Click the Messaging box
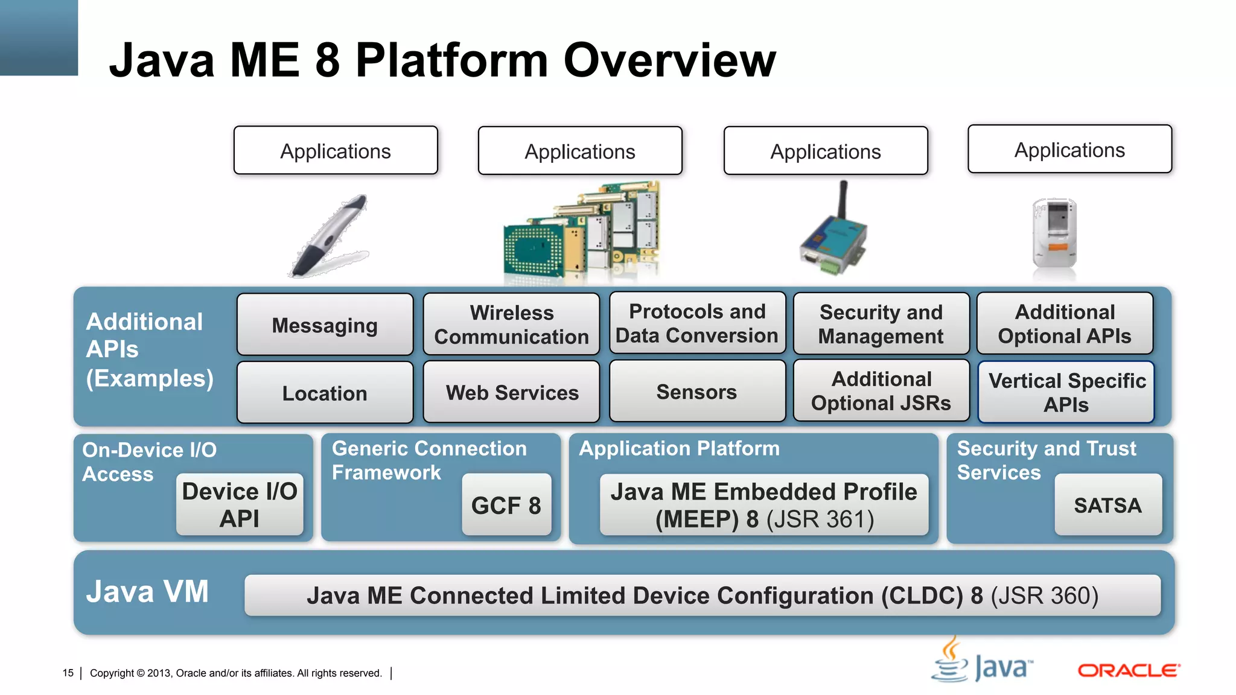[325, 325]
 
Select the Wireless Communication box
[511, 325]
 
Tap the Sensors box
[696, 392]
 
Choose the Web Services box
[511, 392]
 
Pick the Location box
[325, 393]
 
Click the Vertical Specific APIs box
[1066, 392]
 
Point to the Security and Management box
[881, 324]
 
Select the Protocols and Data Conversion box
[696, 323]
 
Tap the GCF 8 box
[506, 505]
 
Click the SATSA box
[1107, 505]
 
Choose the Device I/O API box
[240, 505]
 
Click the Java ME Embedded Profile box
[763, 505]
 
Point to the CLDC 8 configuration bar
[702, 595]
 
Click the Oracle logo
[1128, 670]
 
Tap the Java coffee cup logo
[951, 661]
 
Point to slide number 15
[68, 673]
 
